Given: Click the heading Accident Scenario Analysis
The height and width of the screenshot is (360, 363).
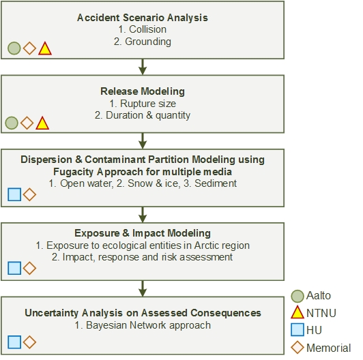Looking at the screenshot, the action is click(143, 18).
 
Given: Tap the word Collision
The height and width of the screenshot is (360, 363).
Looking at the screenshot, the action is click(147, 29).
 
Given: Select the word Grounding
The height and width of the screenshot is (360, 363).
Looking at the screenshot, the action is click(148, 42).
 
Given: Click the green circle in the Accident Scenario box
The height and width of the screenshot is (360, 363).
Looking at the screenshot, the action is click(14, 48).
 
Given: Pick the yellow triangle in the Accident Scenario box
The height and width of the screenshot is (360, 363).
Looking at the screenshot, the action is click(45, 48).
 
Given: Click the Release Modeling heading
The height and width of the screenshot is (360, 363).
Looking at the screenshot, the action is click(143, 91).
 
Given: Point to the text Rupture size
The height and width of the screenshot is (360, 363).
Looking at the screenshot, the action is click(148, 104).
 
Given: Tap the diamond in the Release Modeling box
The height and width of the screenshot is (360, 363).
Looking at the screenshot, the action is click(27, 123).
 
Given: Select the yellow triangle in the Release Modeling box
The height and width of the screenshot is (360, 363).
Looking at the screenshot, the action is click(42, 123).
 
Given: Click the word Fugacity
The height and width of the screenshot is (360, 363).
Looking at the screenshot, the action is click(74, 172).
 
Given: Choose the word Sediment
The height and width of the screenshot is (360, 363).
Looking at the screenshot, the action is click(216, 183).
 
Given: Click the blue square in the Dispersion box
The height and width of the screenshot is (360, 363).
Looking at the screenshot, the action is click(14, 194).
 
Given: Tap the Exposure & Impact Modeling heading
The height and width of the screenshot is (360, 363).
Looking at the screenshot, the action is click(143, 233).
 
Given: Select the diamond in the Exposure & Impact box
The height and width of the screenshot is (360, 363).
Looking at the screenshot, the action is click(29, 268).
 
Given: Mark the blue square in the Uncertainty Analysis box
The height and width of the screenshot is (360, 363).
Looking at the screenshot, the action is click(14, 342).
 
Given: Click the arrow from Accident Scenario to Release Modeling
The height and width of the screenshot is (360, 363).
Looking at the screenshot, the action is click(143, 67).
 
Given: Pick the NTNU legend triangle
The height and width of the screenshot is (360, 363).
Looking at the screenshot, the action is click(297, 312).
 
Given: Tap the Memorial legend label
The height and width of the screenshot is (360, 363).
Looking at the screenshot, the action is click(328, 348).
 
